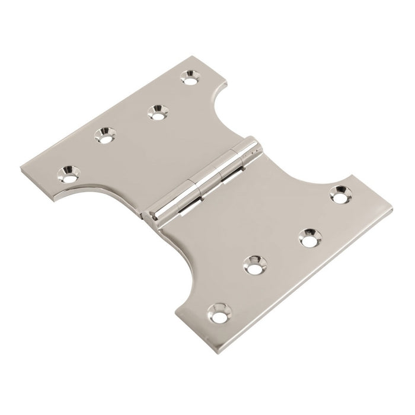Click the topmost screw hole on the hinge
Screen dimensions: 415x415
[190, 76]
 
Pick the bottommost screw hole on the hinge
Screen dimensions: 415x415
[220, 311]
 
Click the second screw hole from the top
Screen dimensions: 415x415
[157, 111]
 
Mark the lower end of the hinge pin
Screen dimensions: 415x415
[155, 218]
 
